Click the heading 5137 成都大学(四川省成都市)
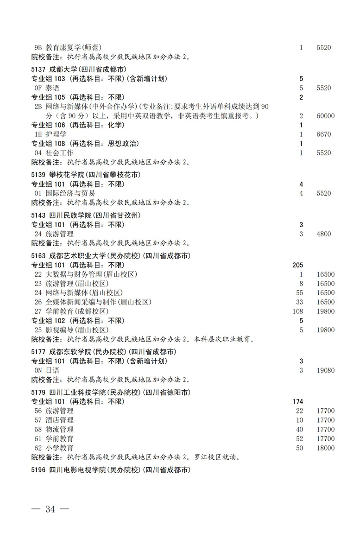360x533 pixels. pos(78,70)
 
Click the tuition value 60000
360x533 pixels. pos(324,116)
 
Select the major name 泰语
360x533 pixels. pos(52,88)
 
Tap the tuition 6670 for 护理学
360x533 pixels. pos(323,134)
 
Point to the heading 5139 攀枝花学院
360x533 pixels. pos(86,175)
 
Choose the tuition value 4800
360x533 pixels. pos(323,234)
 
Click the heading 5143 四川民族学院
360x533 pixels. pos(86,216)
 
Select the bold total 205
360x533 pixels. pos(297,265)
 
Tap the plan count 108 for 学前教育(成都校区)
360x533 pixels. pos(297,311)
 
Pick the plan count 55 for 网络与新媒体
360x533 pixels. pos(299,293)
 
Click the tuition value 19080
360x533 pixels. pos(324,370)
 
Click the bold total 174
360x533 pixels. pos(297,401)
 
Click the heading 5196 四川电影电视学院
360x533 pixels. pos(111,470)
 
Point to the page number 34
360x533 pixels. pos(50,509)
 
